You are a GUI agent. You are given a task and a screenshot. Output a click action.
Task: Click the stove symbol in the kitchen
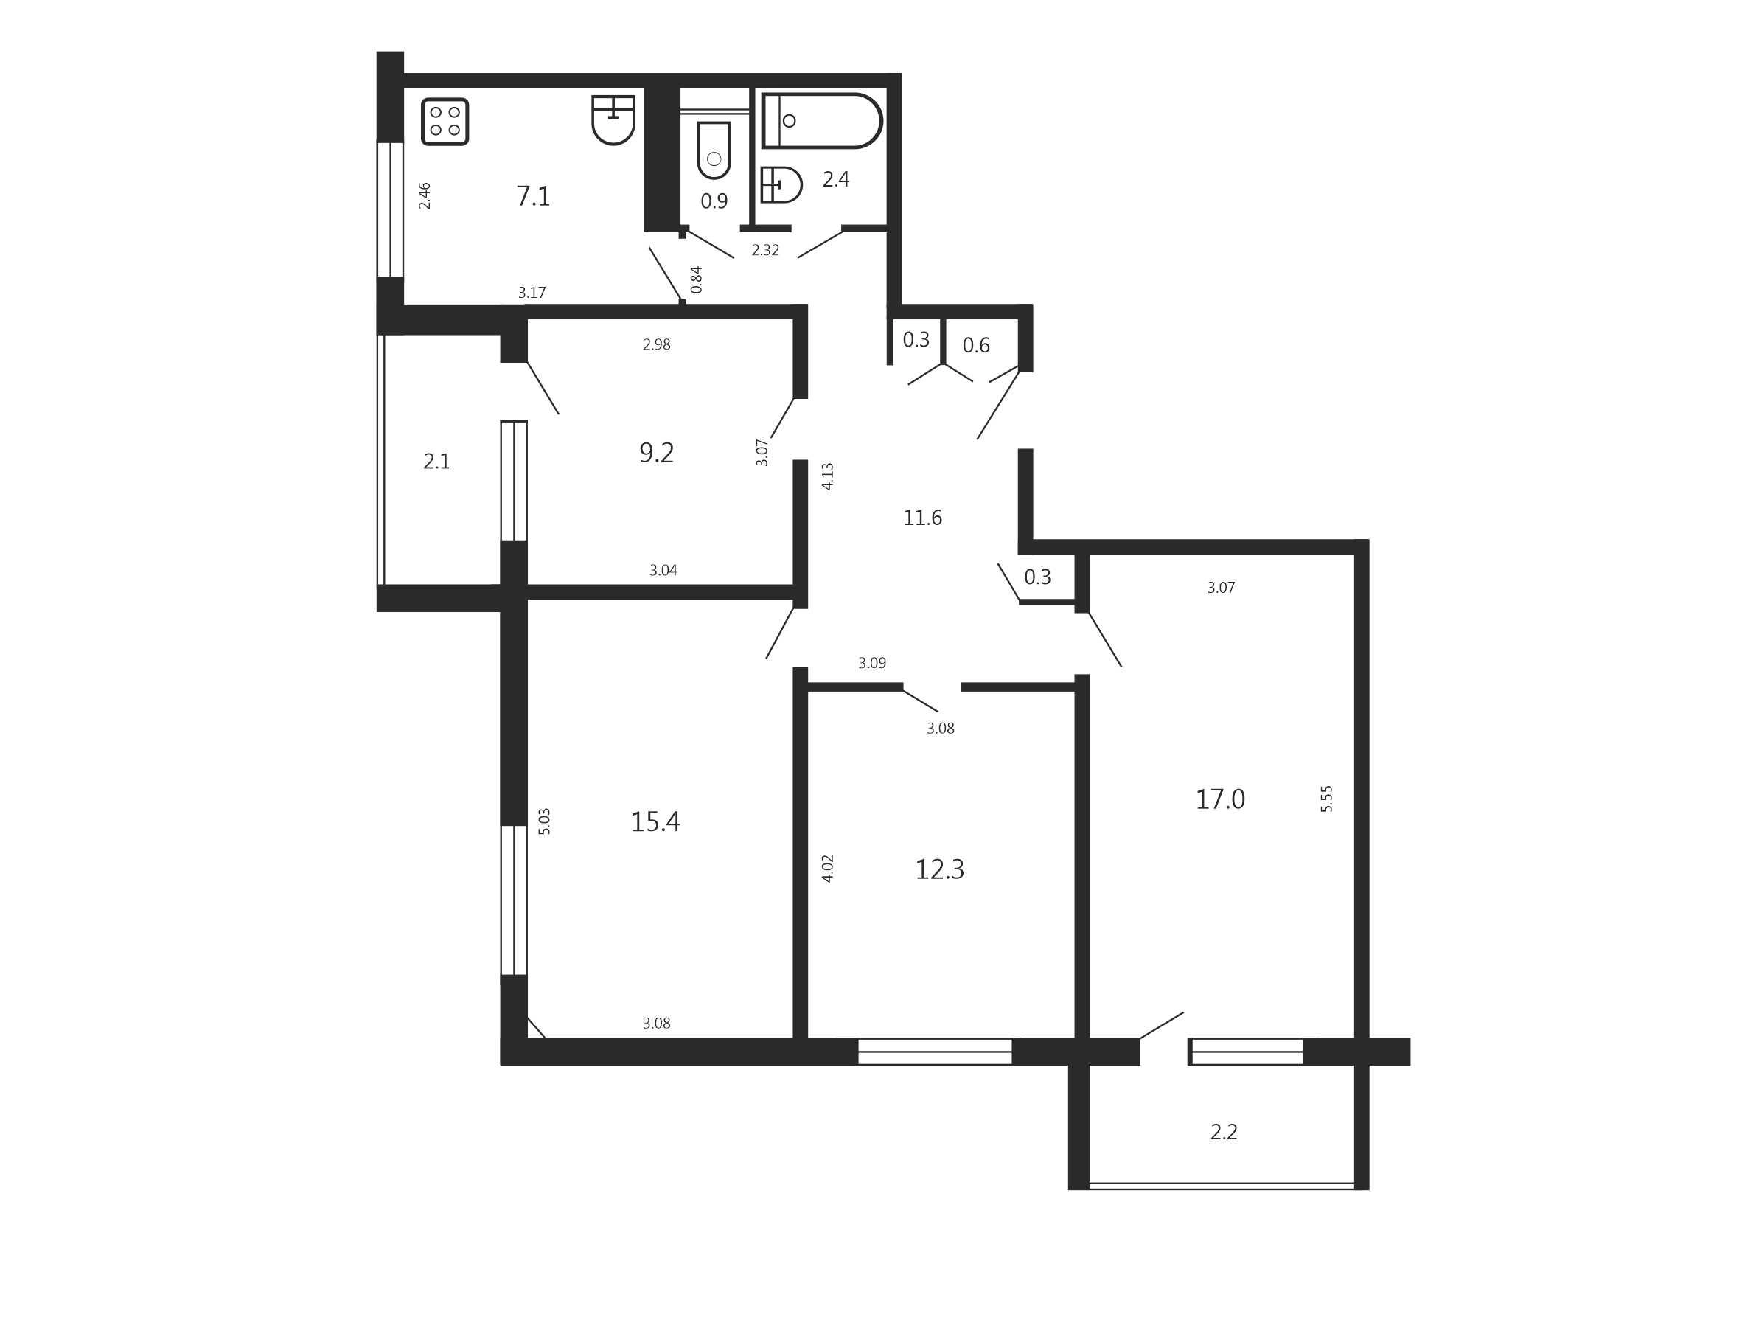point(445,122)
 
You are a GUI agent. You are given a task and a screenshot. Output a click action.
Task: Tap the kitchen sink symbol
point(613,120)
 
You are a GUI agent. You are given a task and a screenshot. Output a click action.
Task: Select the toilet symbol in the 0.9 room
point(714,151)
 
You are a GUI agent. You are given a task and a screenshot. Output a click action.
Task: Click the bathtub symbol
point(822,121)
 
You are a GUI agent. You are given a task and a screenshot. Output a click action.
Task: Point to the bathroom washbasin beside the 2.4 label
point(781,185)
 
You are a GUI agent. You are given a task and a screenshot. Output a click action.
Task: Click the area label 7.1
point(533,195)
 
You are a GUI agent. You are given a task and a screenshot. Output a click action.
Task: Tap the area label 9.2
point(657,453)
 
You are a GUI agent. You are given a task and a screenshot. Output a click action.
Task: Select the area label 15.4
point(655,821)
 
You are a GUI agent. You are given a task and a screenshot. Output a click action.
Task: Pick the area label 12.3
point(939,869)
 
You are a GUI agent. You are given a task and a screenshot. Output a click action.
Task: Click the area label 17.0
point(1220,799)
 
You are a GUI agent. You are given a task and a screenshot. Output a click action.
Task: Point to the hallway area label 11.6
point(922,518)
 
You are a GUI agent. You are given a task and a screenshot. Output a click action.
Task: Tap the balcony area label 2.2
point(1223,1132)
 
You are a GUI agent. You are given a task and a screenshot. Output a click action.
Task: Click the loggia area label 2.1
point(436,461)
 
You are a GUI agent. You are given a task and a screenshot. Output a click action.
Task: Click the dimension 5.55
point(1326,799)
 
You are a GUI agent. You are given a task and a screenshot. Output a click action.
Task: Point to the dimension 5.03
point(544,821)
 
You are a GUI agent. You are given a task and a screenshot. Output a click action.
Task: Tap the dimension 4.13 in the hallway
point(827,476)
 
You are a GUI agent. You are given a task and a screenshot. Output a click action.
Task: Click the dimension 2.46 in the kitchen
point(424,195)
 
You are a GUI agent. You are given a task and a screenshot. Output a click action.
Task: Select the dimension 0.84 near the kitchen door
point(696,279)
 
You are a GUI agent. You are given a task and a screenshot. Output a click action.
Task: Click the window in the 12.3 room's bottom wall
point(936,1051)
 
